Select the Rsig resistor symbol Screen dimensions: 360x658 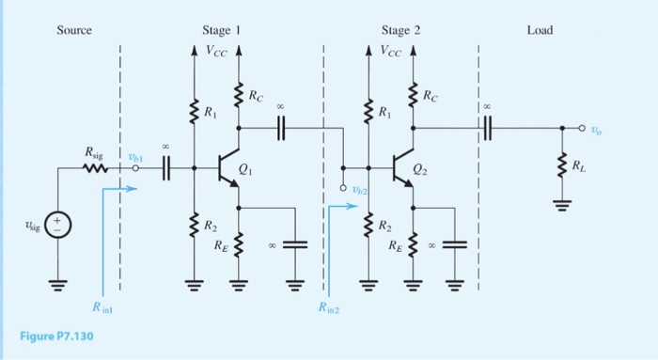[96, 169]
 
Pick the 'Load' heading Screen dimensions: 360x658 [540, 30]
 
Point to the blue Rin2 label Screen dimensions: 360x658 [327, 306]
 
